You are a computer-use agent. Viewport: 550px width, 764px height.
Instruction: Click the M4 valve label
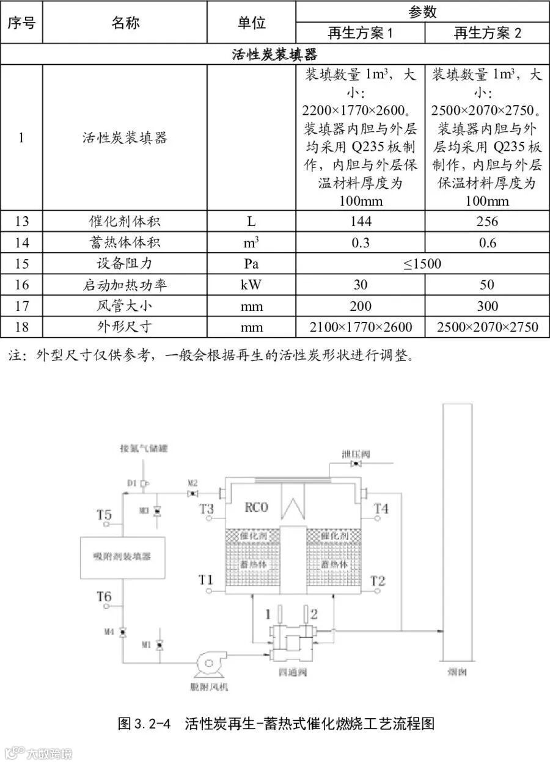tap(109, 631)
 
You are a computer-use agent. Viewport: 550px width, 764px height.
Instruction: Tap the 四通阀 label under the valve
tap(291, 673)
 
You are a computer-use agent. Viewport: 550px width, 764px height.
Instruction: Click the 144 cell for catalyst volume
tap(361, 221)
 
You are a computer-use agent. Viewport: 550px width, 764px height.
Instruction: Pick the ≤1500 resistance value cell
tap(422, 264)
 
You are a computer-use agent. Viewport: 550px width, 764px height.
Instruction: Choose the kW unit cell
tap(251, 285)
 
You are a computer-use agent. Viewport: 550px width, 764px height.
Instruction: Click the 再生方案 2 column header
tap(487, 32)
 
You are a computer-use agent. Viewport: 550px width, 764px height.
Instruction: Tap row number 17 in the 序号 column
tap(21, 306)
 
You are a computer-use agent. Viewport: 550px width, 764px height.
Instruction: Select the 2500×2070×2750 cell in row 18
tap(487, 327)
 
